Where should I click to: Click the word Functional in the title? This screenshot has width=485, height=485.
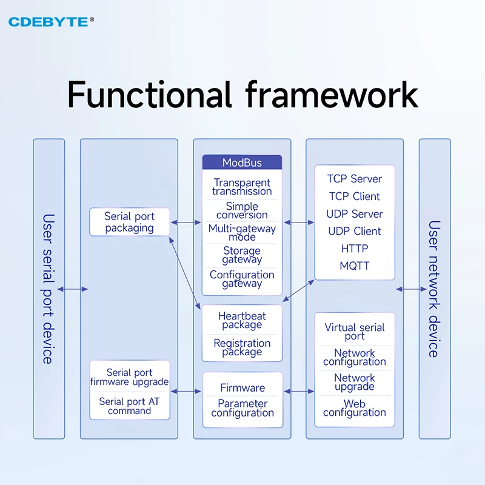click(149, 95)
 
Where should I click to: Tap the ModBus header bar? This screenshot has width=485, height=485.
click(242, 162)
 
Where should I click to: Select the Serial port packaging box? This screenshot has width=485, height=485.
click(129, 222)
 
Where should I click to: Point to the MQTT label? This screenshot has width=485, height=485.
click(355, 266)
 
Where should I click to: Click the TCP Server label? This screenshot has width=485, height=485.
click(355, 179)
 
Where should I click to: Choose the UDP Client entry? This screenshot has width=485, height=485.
click(355, 231)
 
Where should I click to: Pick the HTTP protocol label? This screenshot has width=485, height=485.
click(355, 249)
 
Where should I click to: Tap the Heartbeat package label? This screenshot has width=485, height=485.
click(242, 320)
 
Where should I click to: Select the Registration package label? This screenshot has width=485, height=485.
click(242, 347)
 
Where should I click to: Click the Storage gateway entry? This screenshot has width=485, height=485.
click(242, 255)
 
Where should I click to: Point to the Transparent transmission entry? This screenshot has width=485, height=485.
click(242, 187)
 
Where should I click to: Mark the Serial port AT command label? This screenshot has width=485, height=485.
click(129, 406)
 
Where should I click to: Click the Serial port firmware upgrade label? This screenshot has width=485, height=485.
click(129, 377)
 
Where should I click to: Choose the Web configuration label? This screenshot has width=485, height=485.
click(355, 408)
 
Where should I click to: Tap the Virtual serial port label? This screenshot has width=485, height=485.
click(355, 332)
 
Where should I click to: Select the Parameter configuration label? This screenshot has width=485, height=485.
click(242, 408)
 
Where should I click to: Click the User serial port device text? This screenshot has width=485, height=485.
click(48, 289)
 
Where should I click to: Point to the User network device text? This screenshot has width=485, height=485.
click(435, 289)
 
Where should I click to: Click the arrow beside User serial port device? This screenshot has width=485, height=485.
click(72, 289)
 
